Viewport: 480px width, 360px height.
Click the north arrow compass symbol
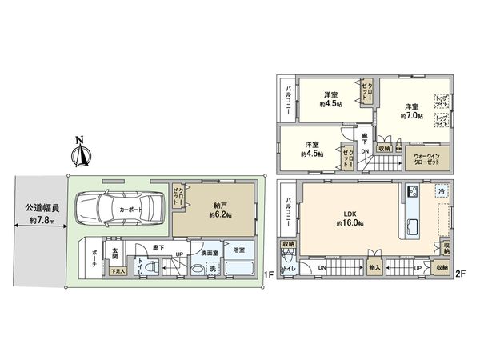coord(79,152)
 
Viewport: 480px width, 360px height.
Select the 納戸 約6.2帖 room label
coord(217,209)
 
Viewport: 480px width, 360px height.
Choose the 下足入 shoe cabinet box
coord(117,271)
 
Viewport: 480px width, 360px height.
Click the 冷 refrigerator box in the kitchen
coord(440,193)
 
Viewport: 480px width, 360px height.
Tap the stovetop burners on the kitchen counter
coord(412,192)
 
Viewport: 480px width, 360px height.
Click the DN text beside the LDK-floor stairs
coord(321,266)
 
